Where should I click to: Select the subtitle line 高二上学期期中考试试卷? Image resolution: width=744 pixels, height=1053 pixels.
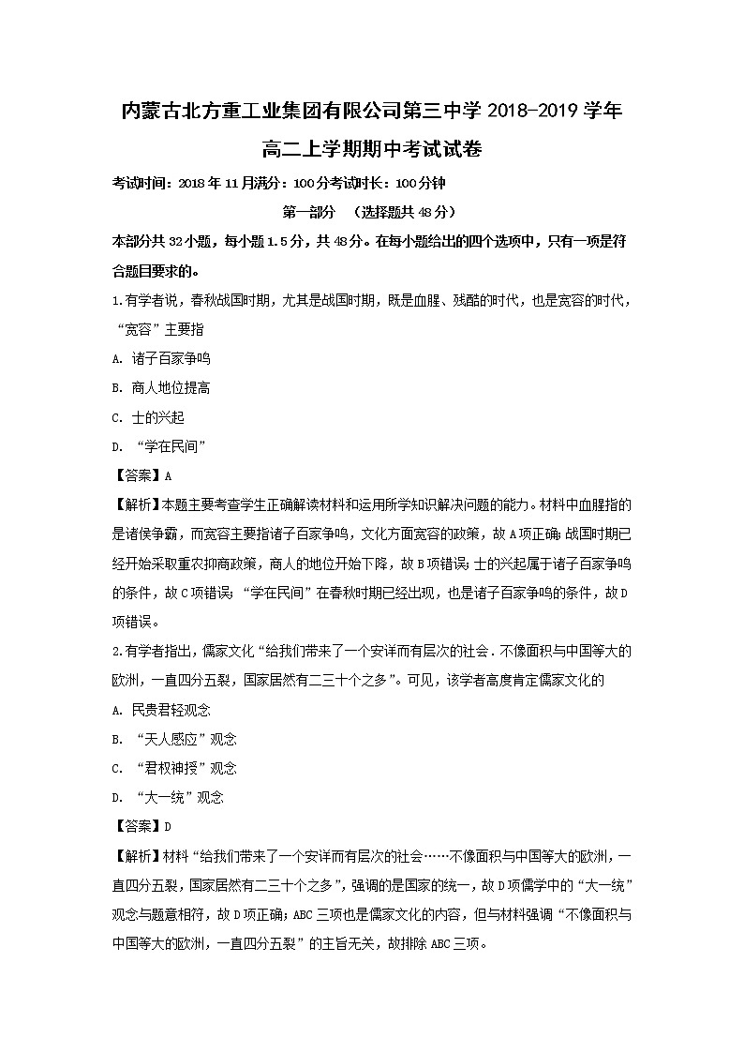click(x=372, y=148)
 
